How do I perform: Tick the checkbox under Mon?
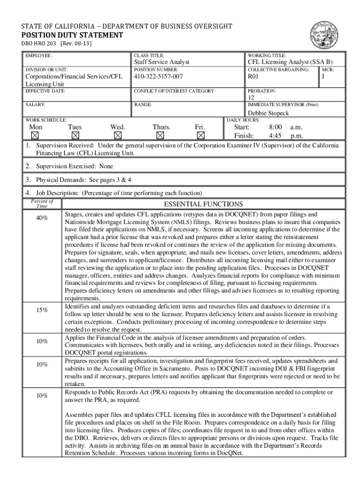tap(35, 136)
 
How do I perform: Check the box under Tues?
tap(75, 136)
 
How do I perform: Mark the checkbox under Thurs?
tap(160, 136)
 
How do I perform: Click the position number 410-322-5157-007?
tap(158, 76)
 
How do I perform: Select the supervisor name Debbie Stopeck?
tap(268, 113)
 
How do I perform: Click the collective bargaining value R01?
tap(253, 76)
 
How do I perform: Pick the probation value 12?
tap(251, 98)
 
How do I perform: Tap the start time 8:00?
tap(275, 127)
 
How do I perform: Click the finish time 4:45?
tap(275, 136)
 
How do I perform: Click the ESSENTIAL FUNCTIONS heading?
tap(203, 204)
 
